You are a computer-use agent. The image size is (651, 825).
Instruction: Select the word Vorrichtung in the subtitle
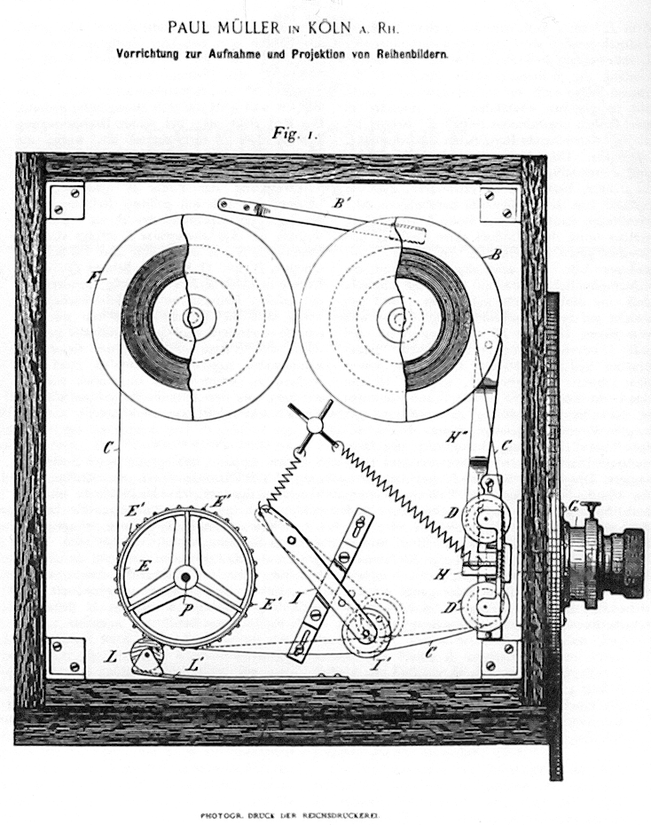(x=153, y=53)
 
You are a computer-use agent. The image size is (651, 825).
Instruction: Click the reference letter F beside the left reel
(x=92, y=278)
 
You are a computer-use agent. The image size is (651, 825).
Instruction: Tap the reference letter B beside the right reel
(x=496, y=255)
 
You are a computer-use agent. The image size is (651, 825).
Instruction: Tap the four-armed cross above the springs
(x=314, y=425)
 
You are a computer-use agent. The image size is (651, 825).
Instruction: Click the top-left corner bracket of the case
(x=66, y=200)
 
